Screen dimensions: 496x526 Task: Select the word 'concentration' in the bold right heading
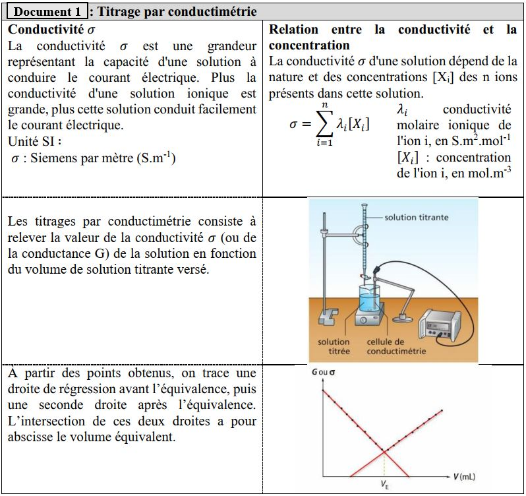(309, 46)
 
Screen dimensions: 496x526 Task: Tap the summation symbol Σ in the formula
(323, 123)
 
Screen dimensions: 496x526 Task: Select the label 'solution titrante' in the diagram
(417, 217)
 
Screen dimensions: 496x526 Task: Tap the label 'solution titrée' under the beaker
(334, 346)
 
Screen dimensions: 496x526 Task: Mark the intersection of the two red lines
(384, 451)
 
